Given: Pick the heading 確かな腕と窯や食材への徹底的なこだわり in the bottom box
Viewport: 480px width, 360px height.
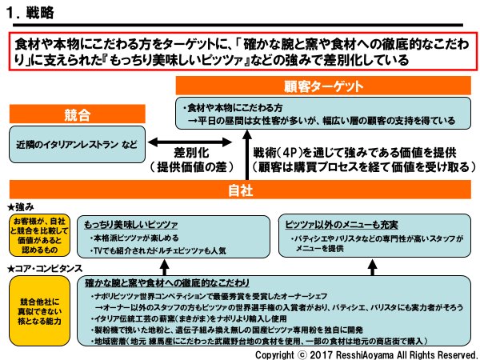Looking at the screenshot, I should (x=180, y=282).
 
